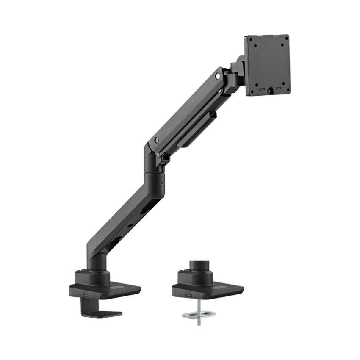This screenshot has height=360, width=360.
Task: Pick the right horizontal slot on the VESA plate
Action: point(278,89)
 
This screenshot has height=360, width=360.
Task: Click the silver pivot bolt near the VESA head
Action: point(218,76)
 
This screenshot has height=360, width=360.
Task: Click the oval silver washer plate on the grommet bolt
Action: point(199,314)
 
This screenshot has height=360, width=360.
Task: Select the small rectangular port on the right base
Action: point(189,292)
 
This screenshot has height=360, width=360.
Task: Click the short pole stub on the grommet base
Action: point(197,266)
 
